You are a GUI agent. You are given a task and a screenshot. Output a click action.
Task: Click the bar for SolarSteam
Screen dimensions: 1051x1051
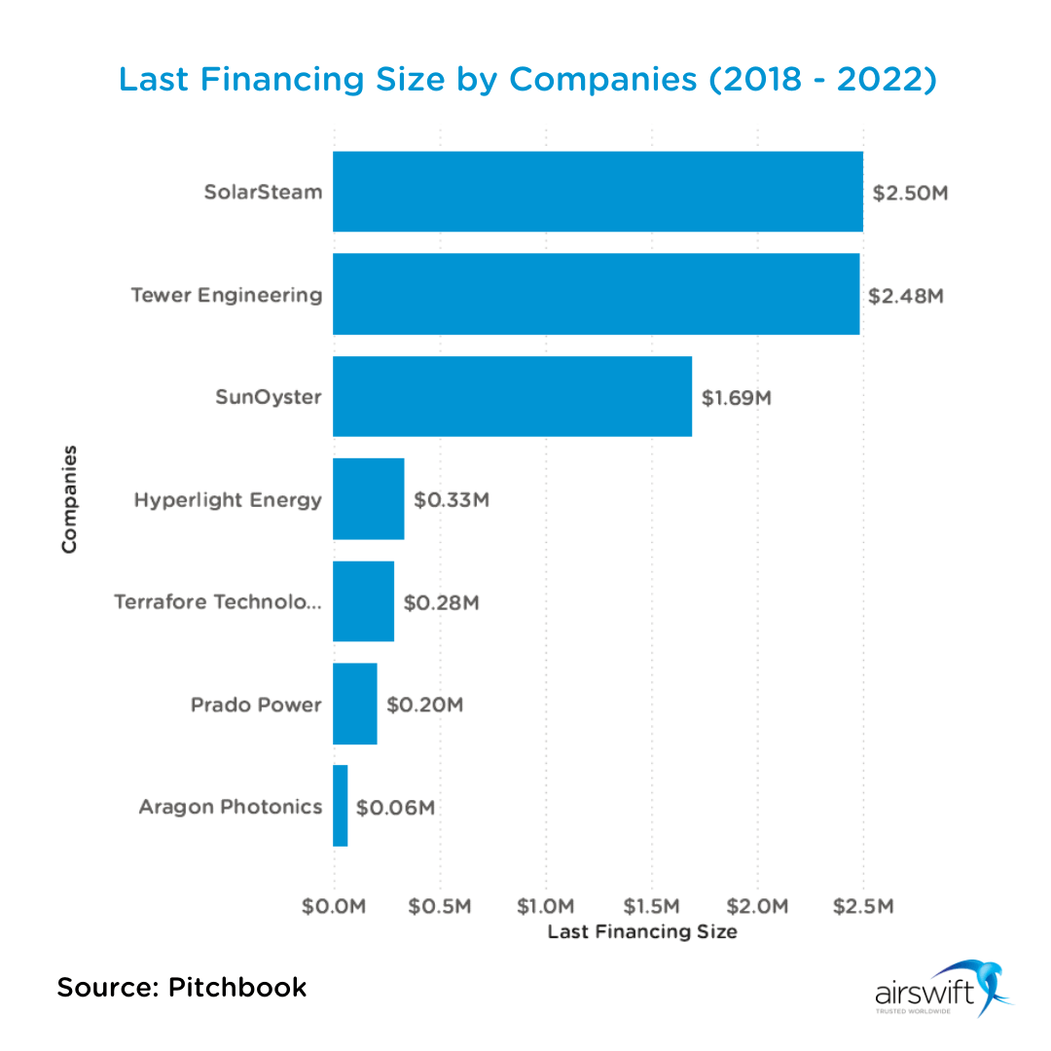pyautogui.click(x=598, y=192)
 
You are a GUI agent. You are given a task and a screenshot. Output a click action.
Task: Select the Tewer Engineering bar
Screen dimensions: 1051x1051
pyautogui.click(x=596, y=294)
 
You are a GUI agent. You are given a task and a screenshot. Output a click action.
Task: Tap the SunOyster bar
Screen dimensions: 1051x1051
pyautogui.click(x=512, y=396)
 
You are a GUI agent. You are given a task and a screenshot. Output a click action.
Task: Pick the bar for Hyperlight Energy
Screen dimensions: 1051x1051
pyautogui.click(x=368, y=499)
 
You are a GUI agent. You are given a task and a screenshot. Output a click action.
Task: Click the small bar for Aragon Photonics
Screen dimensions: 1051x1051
pyautogui.click(x=340, y=806)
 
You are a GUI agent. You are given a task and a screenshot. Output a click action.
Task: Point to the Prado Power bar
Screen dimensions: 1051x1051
pyautogui.click(x=354, y=704)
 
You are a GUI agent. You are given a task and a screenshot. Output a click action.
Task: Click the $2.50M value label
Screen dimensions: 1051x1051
pyautogui.click(x=910, y=193)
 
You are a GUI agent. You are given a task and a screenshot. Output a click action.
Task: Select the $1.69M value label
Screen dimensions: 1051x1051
pyautogui.click(x=737, y=398)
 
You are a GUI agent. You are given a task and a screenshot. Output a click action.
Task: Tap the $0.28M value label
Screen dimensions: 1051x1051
pyautogui.click(x=442, y=602)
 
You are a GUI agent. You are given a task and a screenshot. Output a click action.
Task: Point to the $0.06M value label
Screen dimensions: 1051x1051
pyautogui.click(x=395, y=807)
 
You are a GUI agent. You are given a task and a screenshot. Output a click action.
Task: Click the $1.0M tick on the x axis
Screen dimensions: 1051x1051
pyautogui.click(x=546, y=906)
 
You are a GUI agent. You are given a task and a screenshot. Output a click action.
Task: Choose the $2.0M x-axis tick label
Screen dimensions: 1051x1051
pyautogui.click(x=757, y=906)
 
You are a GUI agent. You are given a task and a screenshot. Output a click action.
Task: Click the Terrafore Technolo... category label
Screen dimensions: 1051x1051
pyautogui.click(x=217, y=601)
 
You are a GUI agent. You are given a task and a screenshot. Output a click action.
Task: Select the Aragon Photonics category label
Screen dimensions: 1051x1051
pyautogui.click(x=230, y=806)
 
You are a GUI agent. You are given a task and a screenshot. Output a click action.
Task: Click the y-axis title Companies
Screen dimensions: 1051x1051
pyautogui.click(x=69, y=499)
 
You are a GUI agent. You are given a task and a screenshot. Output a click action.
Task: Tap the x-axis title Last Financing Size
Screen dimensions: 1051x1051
pyautogui.click(x=642, y=932)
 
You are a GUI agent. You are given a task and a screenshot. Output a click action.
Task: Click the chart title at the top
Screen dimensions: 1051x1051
pyautogui.click(x=526, y=79)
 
